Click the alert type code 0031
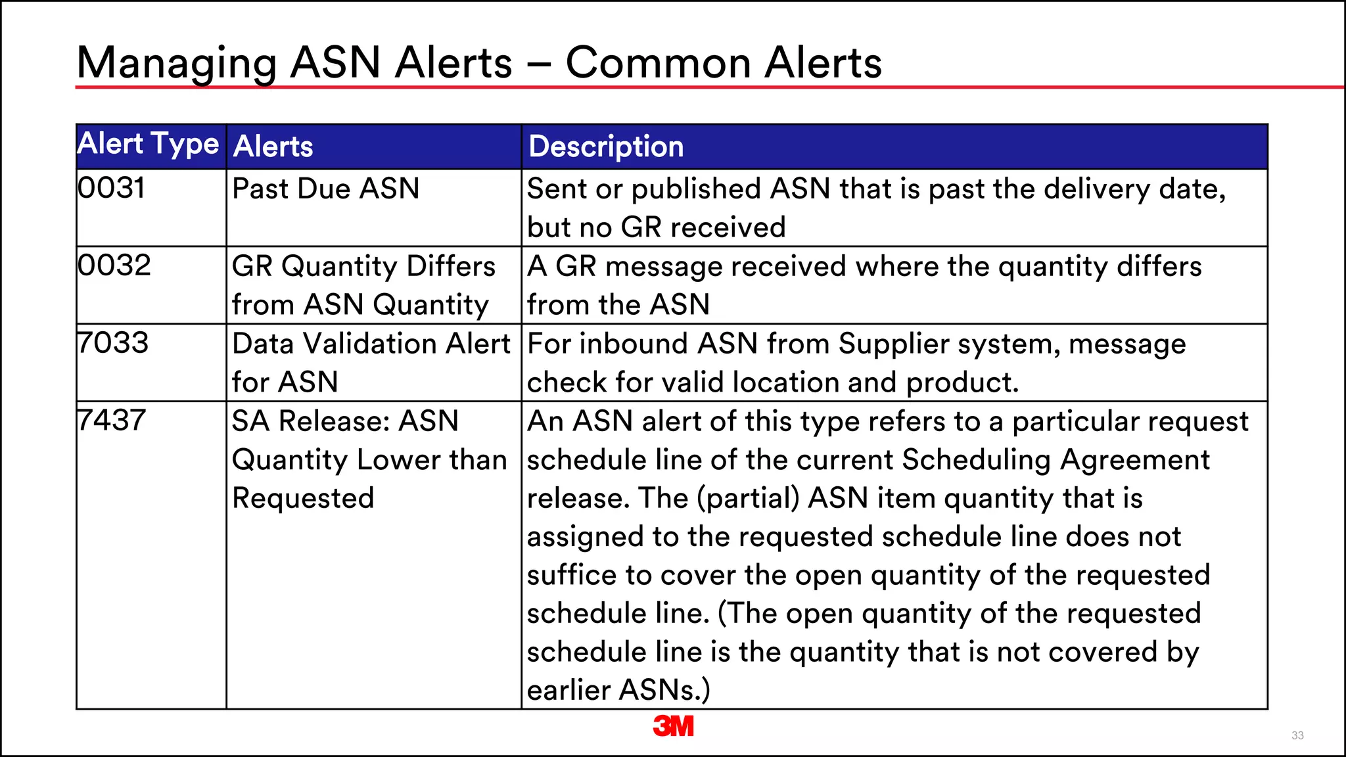point(111,188)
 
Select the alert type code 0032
point(114,265)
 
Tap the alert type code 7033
point(112,343)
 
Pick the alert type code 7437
point(111,421)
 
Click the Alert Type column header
point(148,144)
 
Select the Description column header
point(606,146)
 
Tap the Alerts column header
point(273,146)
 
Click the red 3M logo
point(673,726)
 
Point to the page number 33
point(1297,735)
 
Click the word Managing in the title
point(177,64)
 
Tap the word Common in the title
point(657,63)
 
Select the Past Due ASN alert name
point(325,189)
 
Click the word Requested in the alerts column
point(303,498)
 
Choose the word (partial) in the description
point(748,498)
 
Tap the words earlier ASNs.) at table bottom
point(618,690)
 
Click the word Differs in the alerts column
point(451,266)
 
